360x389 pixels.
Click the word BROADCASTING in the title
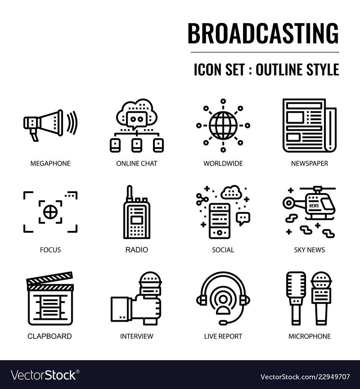click(263, 33)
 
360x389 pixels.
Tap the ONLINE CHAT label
click(136, 164)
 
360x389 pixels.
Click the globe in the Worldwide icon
click(223, 125)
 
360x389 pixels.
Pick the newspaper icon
click(309, 125)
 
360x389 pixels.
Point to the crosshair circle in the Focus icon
click(50, 212)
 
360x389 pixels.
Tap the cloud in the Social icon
click(231, 192)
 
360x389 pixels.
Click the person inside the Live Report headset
click(223, 302)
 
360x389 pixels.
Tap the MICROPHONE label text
click(309, 336)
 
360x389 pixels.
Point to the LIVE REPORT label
click(223, 336)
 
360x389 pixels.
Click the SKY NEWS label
click(309, 250)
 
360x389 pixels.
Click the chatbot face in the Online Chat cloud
click(136, 119)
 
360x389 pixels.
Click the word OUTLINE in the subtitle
click(278, 70)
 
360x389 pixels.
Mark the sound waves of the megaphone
click(72, 122)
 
